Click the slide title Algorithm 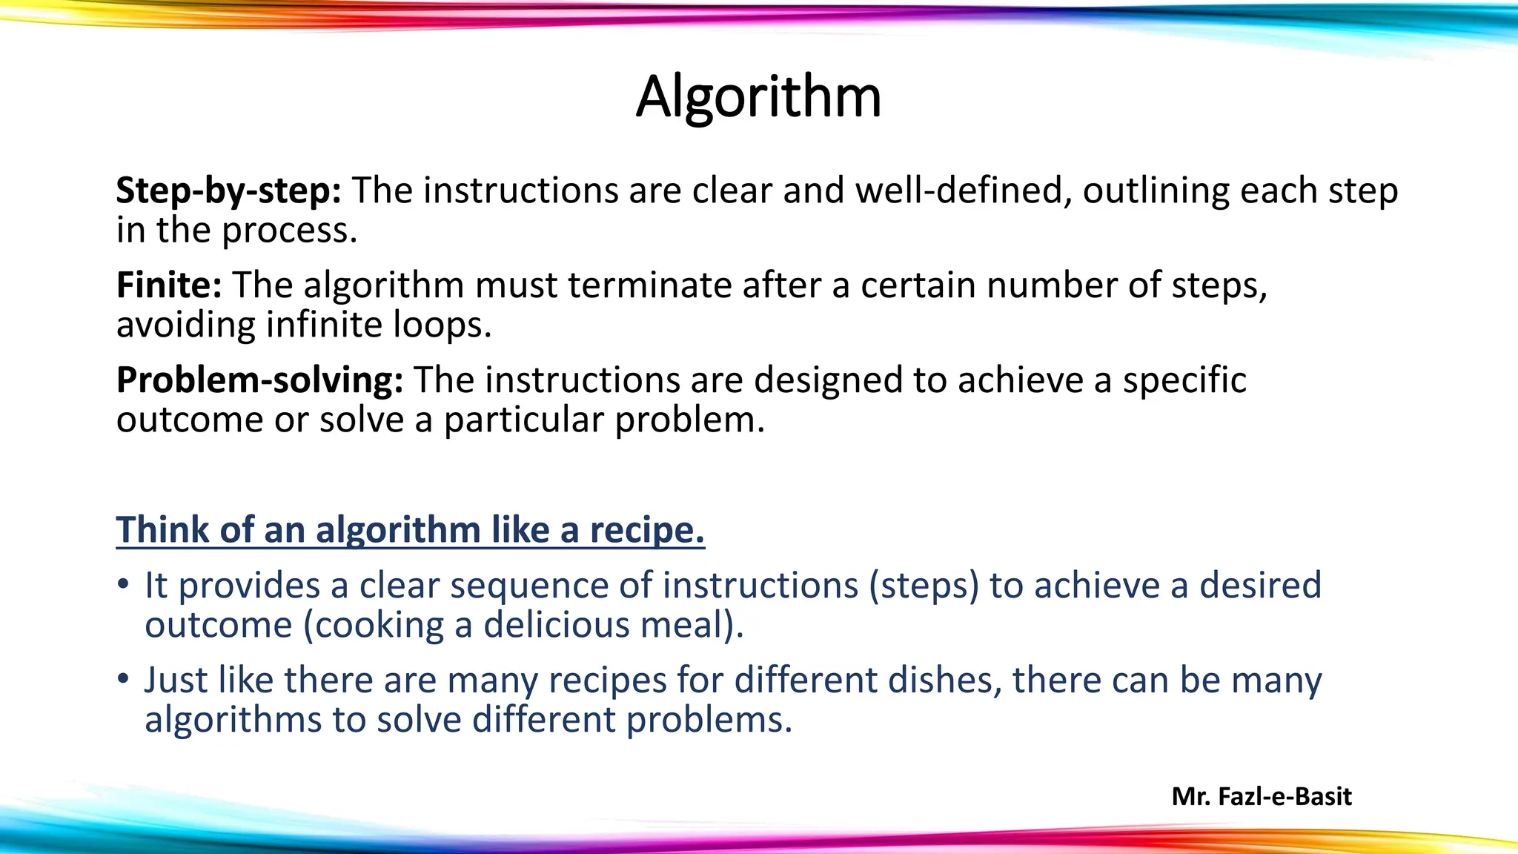(758, 96)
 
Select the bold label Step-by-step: (228, 191)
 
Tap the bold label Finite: (169, 285)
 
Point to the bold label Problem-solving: (259, 380)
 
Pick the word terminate (650, 285)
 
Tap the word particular (523, 420)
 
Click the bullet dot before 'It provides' (123, 584)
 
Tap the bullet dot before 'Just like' (123, 679)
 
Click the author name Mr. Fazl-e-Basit (1262, 796)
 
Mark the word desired (1260, 586)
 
